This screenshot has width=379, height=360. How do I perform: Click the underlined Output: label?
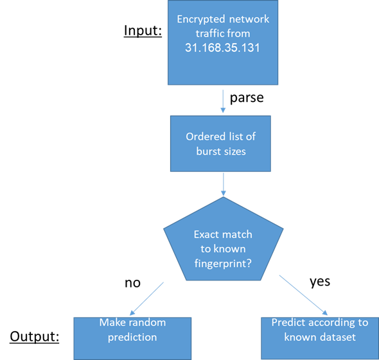[x=35, y=336]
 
